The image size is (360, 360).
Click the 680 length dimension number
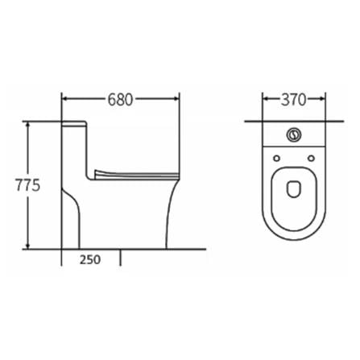[120, 100]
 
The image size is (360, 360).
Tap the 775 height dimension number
[28, 184]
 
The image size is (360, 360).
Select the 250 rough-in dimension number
[91, 259]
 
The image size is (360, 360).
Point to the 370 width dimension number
[295, 100]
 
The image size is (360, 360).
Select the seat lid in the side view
[134, 172]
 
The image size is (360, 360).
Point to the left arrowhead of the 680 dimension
[66, 100]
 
